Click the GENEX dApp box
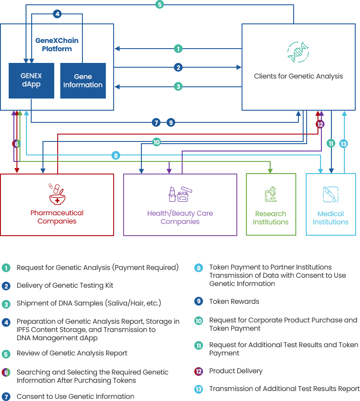pos(31,80)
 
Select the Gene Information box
pos(83,80)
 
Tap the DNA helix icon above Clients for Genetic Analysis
pos(298,53)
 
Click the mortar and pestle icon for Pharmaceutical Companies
pos(57,194)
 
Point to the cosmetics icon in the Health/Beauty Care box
pos(180,194)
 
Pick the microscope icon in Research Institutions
pos(271,195)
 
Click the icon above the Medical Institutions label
pos(331,194)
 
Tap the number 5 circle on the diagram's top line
pos(160,5)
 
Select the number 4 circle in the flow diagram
pos(57,14)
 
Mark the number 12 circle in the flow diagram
pos(320,124)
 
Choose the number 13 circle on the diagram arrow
pos(344,144)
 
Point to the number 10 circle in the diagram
pos(157,142)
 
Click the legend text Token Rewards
pos(234,302)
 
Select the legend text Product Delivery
pos(236,371)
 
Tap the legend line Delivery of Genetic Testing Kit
pos(65,286)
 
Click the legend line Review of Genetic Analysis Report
pos(72,353)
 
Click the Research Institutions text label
pos(271,218)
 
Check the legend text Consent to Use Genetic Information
pos(75,396)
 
